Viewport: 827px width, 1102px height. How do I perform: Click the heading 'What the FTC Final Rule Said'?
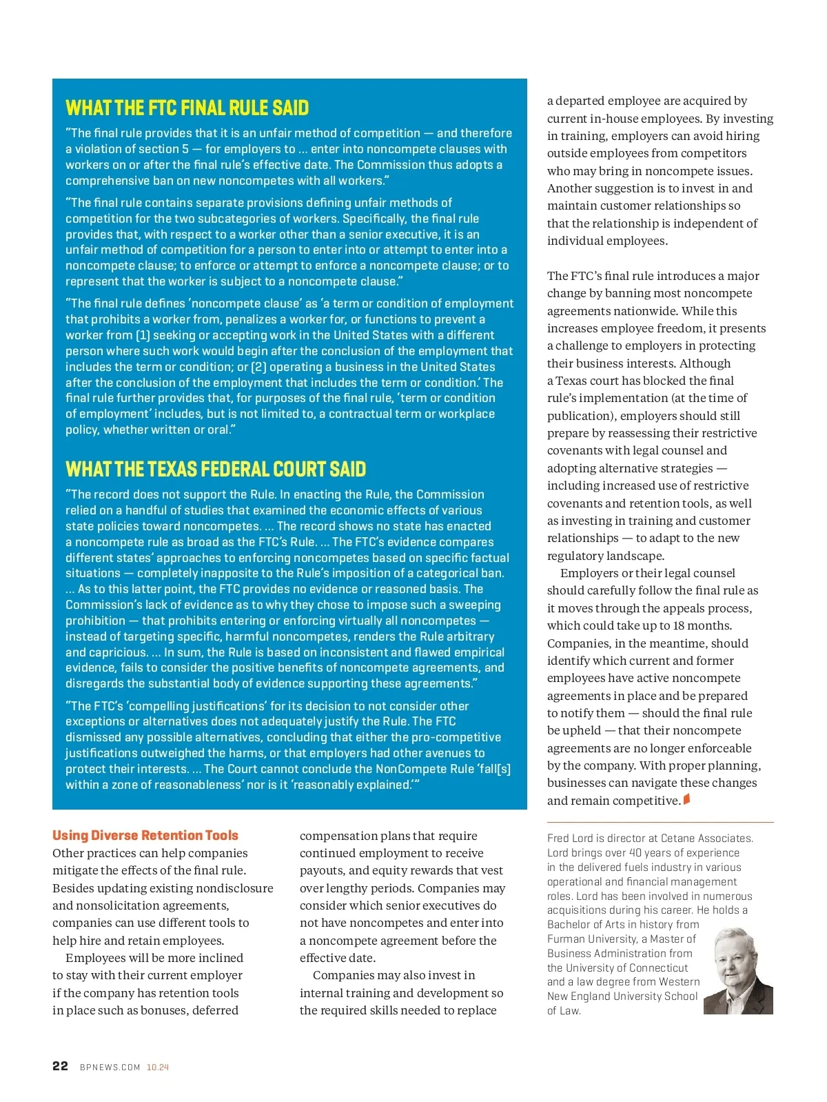click(x=187, y=108)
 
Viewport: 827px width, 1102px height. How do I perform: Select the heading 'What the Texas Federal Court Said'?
click(x=216, y=470)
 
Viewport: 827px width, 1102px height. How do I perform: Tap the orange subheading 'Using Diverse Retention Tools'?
click(x=145, y=835)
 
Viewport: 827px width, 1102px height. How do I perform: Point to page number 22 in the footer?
click(x=61, y=1066)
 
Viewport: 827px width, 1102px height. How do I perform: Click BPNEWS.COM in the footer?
click(x=110, y=1067)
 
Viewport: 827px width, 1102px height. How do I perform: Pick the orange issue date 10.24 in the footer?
click(x=158, y=1067)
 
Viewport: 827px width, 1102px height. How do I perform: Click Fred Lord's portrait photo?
click(x=738, y=970)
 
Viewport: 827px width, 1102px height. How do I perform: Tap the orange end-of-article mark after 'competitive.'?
click(x=686, y=800)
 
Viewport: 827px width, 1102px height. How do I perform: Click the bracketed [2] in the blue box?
click(x=258, y=367)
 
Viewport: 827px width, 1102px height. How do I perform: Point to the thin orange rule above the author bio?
click(x=660, y=822)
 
